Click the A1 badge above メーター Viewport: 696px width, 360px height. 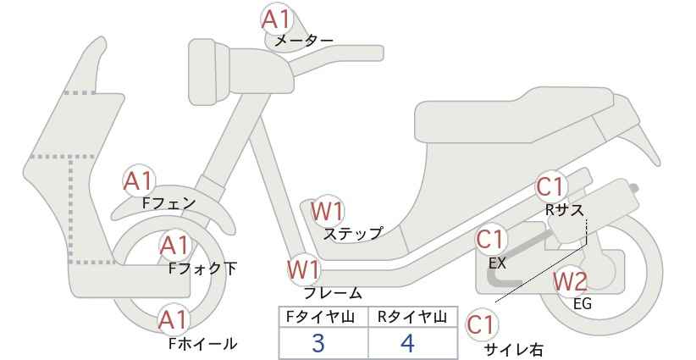(276, 19)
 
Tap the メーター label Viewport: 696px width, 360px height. (304, 41)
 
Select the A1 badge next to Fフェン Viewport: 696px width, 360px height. (139, 180)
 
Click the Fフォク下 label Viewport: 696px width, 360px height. (203, 269)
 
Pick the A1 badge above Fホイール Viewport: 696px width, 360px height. (174, 320)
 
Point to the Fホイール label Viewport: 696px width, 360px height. (203, 344)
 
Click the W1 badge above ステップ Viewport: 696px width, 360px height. (327, 211)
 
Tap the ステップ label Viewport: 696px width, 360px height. (353, 234)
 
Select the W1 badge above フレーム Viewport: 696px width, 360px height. (304, 269)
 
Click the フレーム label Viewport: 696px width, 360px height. (333, 293)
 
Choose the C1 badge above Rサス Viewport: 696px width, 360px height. (551, 187)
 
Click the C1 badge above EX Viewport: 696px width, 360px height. (490, 239)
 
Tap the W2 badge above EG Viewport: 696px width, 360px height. (570, 281)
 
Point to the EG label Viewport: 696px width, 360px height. (583, 304)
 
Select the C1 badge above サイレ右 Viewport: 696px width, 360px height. (482, 324)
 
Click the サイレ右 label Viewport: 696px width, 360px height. (514, 350)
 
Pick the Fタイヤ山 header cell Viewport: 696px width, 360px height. (323, 317)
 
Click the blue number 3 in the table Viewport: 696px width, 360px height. (318, 343)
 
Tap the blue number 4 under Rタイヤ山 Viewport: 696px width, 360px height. (407, 343)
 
